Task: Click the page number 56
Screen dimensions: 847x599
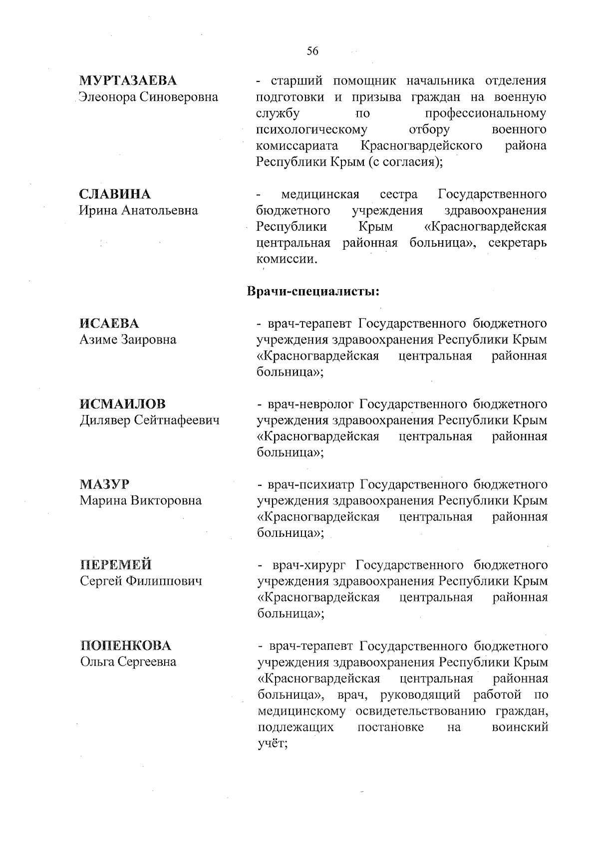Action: (312, 51)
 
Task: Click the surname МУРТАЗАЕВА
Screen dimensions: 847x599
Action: (128, 81)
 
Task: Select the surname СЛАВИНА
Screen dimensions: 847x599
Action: (115, 194)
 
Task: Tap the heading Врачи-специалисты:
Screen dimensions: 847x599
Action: (313, 291)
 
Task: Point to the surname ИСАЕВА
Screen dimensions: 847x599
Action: (109, 324)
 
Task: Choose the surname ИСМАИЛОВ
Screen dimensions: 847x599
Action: (123, 404)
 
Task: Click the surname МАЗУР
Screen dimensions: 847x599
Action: (104, 484)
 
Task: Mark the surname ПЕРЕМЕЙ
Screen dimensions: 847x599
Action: (116, 565)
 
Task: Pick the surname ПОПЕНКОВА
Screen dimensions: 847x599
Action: (126, 646)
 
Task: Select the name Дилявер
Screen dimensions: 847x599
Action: (104, 421)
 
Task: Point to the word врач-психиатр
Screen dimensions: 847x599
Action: (311, 484)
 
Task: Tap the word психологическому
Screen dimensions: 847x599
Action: (312, 130)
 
